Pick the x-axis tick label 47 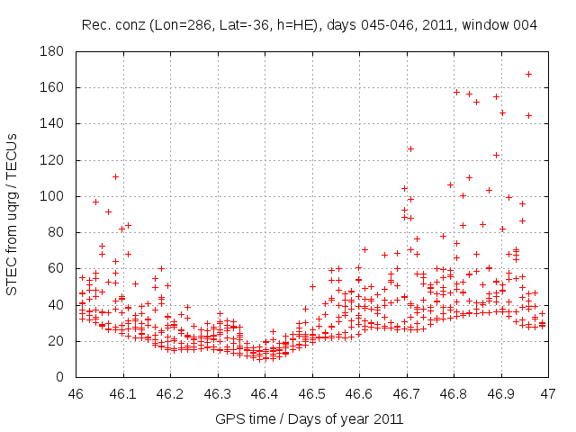[548, 393]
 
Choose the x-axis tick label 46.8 [454, 393]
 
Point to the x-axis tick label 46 [76, 393]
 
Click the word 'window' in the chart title [488, 25]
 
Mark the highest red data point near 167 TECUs [528, 74]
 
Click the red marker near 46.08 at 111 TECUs [115, 176]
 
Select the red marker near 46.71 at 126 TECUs [410, 148]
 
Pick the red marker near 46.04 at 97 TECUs [95, 202]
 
